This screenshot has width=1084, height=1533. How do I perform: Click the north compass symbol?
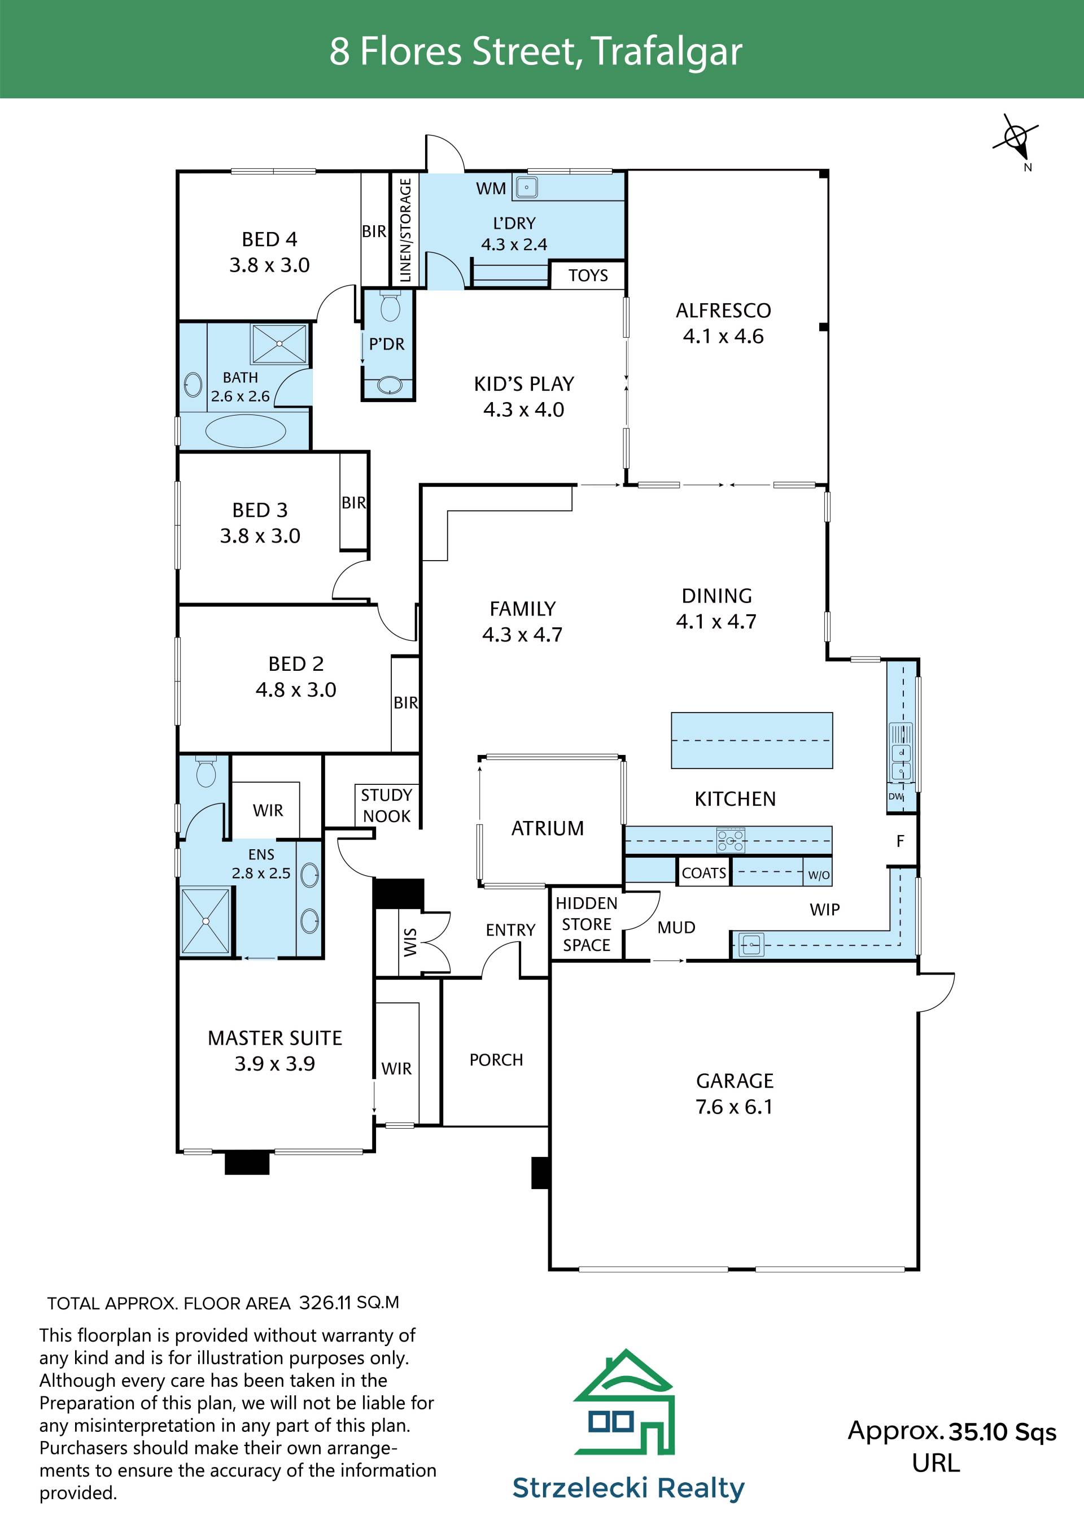1016,138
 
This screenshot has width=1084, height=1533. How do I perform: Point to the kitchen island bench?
751,740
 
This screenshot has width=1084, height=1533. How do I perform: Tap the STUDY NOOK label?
387,805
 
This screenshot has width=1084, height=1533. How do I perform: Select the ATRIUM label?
547,828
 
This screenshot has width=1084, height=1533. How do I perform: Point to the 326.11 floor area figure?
326,1303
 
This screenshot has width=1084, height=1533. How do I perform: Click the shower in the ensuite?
206,921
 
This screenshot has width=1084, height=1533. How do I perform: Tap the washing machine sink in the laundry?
526,187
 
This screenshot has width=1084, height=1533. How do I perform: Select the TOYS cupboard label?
588,275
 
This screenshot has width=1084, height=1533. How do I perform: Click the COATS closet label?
703,873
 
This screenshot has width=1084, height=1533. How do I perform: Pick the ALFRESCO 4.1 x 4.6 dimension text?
723,336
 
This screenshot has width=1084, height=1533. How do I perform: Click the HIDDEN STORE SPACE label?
587,924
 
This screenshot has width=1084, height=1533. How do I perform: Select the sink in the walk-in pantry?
751,945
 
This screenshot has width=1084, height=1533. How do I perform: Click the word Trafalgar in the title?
666,52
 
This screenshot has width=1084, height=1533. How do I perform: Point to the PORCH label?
496,1060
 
